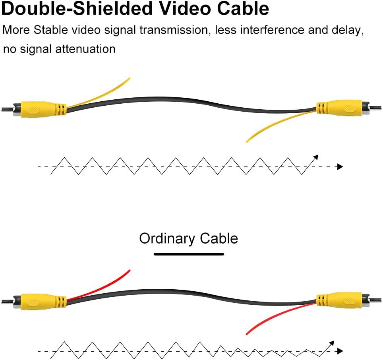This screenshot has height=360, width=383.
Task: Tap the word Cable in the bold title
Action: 243,8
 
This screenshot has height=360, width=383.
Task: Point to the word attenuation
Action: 85,49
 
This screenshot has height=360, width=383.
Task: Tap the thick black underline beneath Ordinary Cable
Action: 189,254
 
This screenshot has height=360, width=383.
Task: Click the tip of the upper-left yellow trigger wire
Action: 130,78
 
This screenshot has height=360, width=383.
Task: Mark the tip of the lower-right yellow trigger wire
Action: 246,141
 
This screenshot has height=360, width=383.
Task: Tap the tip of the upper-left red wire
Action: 130,270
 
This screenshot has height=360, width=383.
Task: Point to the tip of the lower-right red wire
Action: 246,334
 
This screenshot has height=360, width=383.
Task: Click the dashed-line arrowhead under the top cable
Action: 340,167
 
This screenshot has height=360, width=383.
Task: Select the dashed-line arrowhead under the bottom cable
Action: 340,351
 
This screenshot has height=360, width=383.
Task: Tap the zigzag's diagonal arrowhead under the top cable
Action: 316,157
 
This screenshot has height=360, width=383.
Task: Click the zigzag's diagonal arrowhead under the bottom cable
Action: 332,343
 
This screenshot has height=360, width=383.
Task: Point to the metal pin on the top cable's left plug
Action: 7,109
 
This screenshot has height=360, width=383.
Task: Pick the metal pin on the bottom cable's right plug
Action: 375,300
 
